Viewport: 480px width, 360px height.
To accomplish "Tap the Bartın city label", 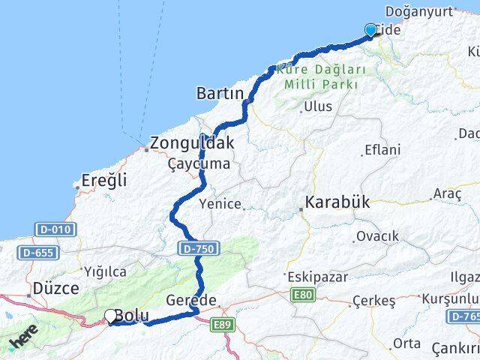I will click(x=220, y=94).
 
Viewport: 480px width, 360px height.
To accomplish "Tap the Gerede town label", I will click(x=196, y=300).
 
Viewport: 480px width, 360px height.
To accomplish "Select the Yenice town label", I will click(x=220, y=204).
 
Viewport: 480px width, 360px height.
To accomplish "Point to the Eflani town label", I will click(x=382, y=150).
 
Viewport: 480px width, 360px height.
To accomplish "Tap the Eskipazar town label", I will click(x=317, y=277).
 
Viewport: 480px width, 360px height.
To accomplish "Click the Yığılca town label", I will click(x=105, y=271).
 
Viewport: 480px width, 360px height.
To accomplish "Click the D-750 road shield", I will click(x=193, y=247).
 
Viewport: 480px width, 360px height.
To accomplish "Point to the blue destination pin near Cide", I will click(x=370, y=30).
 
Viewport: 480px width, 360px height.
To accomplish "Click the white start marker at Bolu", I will click(x=111, y=316).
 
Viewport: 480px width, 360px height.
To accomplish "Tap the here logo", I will click(x=25, y=342).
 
